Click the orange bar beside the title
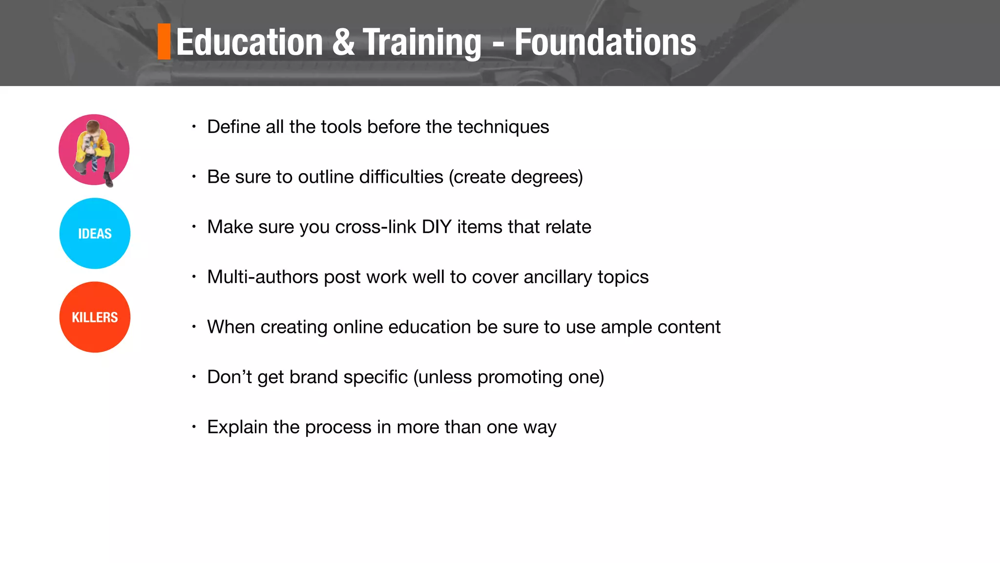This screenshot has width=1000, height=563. coord(164,42)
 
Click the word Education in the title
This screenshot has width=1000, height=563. coord(250,42)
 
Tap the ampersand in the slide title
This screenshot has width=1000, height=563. coord(343,42)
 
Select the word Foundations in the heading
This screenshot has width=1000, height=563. coord(605,42)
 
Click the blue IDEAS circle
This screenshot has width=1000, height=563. coord(95,234)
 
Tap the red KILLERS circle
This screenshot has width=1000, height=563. coord(95,317)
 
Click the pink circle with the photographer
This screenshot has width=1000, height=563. coord(94,150)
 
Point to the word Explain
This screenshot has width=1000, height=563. coord(237,427)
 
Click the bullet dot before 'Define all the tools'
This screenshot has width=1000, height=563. coord(194,127)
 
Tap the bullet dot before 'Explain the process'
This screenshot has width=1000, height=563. coord(194,427)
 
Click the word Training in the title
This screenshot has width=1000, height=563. coord(422,42)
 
